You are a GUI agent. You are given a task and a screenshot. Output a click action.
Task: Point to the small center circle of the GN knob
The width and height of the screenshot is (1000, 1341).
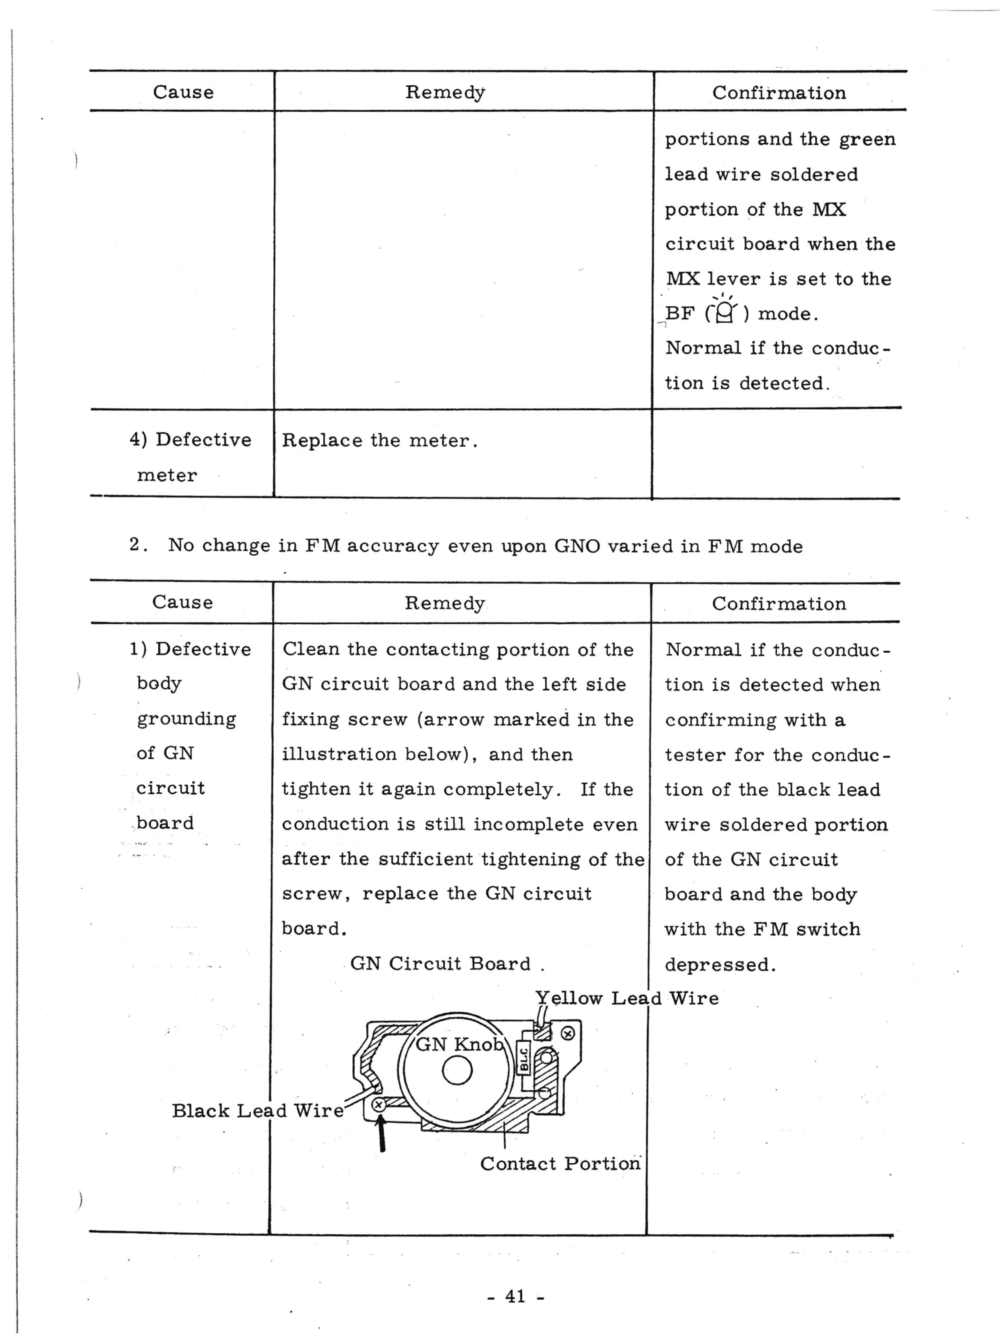[x=457, y=1070]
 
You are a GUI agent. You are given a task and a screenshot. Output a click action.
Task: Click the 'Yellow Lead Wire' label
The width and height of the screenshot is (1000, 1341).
[x=626, y=998]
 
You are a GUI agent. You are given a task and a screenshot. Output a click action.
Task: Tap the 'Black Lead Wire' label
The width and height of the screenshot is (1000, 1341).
[x=257, y=1111]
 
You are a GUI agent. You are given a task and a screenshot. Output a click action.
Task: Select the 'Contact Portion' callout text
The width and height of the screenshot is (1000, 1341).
[x=560, y=1164]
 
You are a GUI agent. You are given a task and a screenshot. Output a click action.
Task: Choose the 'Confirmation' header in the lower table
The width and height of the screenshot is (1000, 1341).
[x=778, y=604]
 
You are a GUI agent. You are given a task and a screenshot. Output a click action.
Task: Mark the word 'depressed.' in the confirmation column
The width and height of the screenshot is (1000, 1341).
[x=720, y=964]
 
